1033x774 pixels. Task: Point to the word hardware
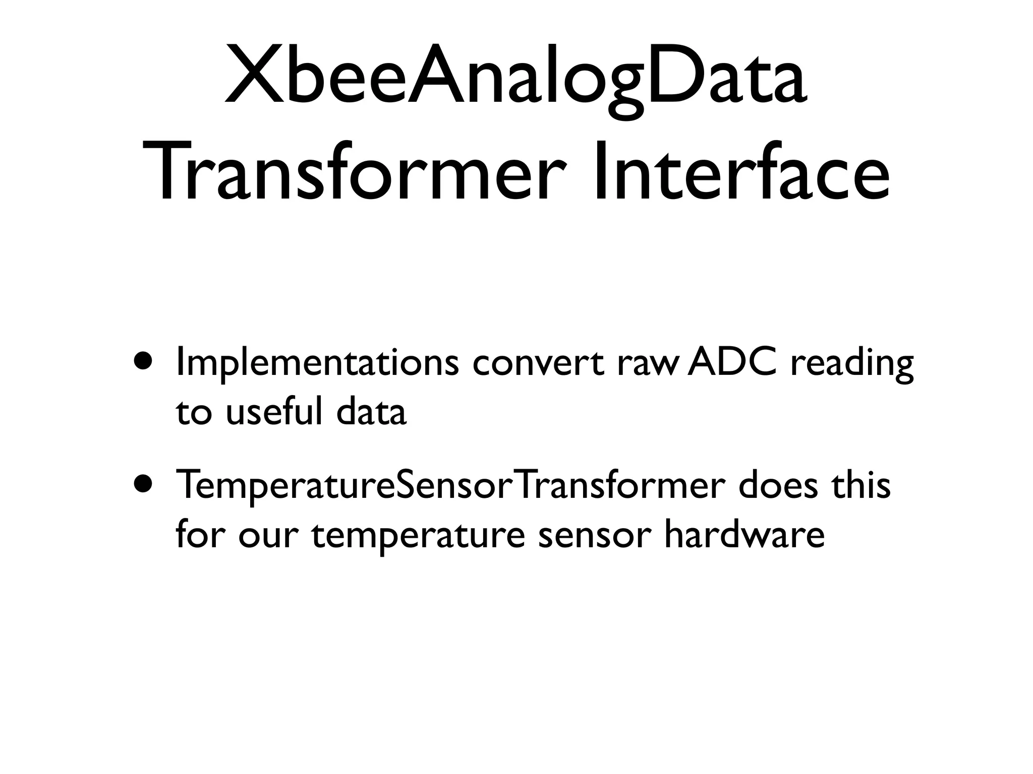click(x=744, y=534)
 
